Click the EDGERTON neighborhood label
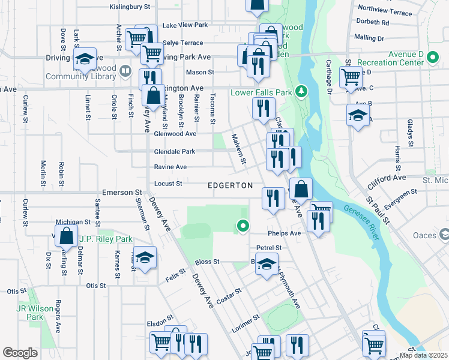tap(230, 186)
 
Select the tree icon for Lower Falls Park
tap(303, 91)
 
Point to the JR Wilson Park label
tap(29, 313)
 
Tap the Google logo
tap(20, 353)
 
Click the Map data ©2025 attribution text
tap(423, 355)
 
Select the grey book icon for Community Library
tap(125, 71)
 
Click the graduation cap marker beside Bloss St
tap(267, 263)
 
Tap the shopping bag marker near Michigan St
tap(67, 235)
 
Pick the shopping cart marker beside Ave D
tap(350, 76)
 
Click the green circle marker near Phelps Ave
tap(243, 226)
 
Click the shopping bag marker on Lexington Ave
tap(154, 94)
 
